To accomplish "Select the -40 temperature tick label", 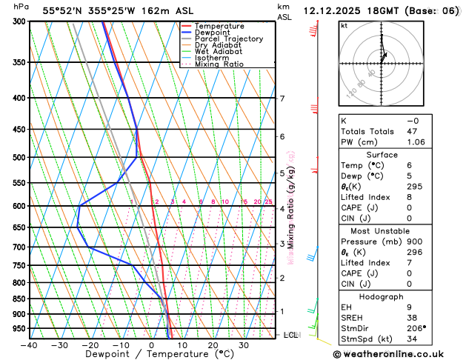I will (29, 345).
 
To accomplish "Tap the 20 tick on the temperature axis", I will (213, 345).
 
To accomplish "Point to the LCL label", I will (290, 335).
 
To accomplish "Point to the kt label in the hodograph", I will (344, 25).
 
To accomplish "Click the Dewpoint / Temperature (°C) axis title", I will (151, 355).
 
